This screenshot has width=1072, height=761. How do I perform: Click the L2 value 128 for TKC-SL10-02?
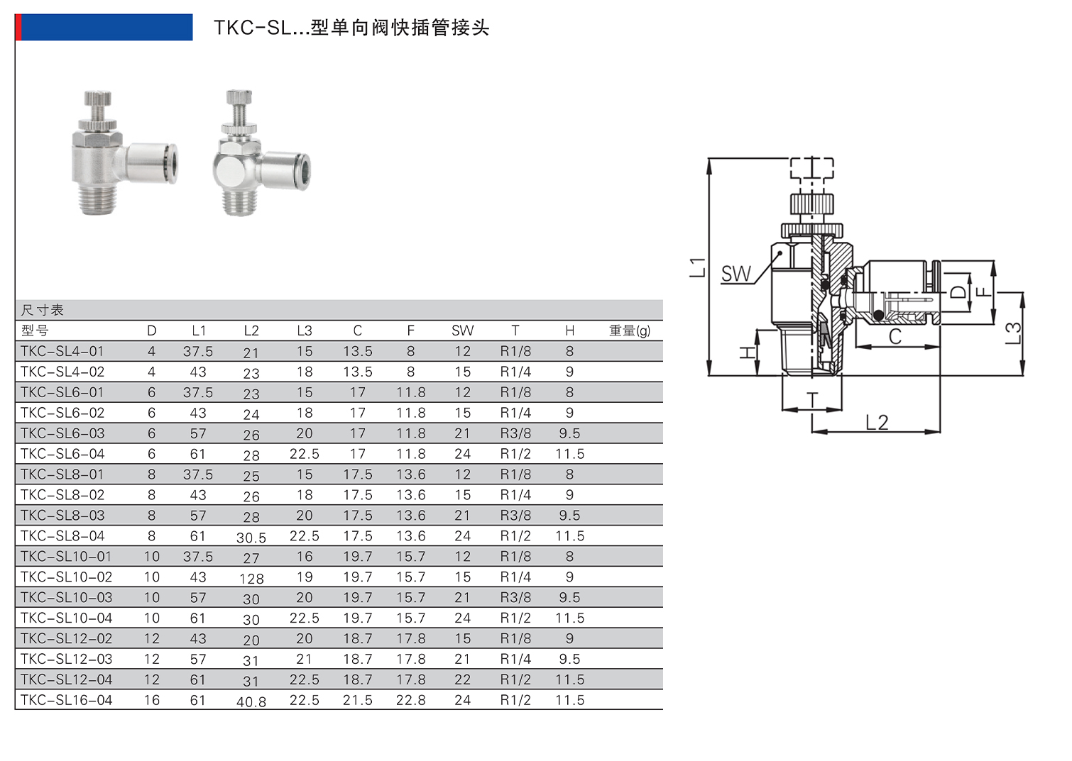pyautogui.click(x=251, y=579)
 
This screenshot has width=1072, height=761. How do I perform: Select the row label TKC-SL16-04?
pyautogui.click(x=66, y=700)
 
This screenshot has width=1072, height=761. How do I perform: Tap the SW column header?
pyautogui.click(x=462, y=330)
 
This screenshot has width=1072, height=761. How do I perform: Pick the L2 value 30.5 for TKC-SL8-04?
pyautogui.click(x=251, y=538)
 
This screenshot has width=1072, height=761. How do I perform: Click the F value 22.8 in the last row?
pyautogui.click(x=410, y=700)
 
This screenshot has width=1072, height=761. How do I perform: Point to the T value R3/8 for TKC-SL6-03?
pyautogui.click(x=515, y=433)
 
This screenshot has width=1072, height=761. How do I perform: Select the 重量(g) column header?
pyautogui.click(x=629, y=330)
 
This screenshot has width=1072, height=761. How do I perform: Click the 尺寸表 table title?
pyautogui.click(x=43, y=310)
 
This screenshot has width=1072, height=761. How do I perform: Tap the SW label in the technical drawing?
pyautogui.click(x=735, y=274)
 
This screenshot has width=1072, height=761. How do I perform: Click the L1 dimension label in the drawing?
pyautogui.click(x=698, y=267)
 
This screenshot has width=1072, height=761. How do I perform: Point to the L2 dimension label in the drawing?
pyautogui.click(x=877, y=423)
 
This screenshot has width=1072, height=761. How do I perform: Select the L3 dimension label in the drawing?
pyautogui.click(x=1013, y=333)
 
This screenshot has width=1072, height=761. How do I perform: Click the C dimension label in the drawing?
pyautogui.click(x=895, y=336)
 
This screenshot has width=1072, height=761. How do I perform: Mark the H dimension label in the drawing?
pyautogui.click(x=747, y=352)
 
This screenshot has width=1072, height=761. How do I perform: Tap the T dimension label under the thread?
pyautogui.click(x=813, y=401)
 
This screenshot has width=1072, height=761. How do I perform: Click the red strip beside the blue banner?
pyautogui.click(x=18, y=27)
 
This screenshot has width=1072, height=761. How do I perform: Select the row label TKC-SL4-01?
pyautogui.click(x=62, y=351)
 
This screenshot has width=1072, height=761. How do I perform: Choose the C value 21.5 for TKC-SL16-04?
pyautogui.click(x=357, y=700)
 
